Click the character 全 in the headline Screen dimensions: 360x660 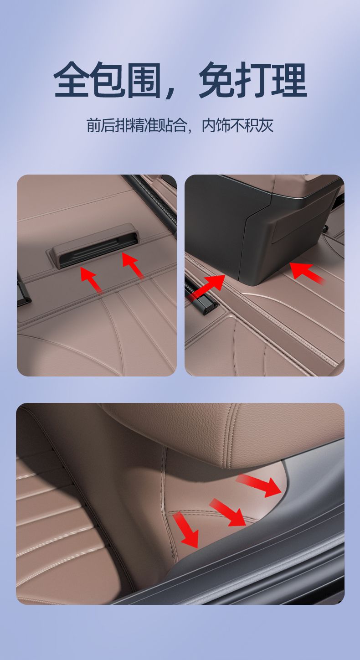pos(71,80)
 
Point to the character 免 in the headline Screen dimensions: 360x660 pos(217,80)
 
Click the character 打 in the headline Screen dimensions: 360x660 pos(253,80)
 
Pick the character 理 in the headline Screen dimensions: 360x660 pos(290,80)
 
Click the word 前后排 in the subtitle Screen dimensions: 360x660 pos(108,125)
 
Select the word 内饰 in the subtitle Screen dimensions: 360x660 pos(216,125)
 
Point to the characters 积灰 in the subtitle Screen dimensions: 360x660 pos(259,125)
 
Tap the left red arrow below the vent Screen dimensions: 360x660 pos(91,279)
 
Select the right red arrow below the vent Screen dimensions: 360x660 pos(133,265)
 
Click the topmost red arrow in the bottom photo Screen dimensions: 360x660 pos(259,485)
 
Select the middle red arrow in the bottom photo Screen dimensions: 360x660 pos(228,512)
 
